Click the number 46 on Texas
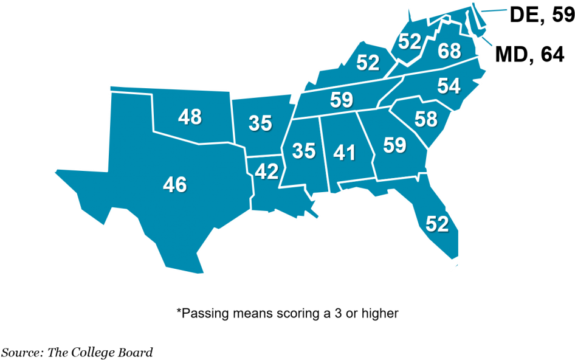pyautogui.click(x=175, y=184)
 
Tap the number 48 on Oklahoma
pyautogui.click(x=190, y=117)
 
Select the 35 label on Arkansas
pyautogui.click(x=260, y=123)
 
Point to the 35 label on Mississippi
pyautogui.click(x=304, y=151)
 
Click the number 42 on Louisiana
pyautogui.click(x=266, y=172)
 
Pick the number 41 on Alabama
pyautogui.click(x=345, y=153)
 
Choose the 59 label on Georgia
pyautogui.click(x=394, y=145)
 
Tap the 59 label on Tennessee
pyautogui.click(x=342, y=100)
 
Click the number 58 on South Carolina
pyautogui.click(x=426, y=119)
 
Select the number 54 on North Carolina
pyautogui.click(x=449, y=86)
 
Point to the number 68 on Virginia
pyautogui.click(x=450, y=51)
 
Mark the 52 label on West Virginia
pyautogui.click(x=410, y=41)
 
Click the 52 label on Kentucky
pyautogui.click(x=368, y=63)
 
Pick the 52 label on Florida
pyautogui.click(x=437, y=224)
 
